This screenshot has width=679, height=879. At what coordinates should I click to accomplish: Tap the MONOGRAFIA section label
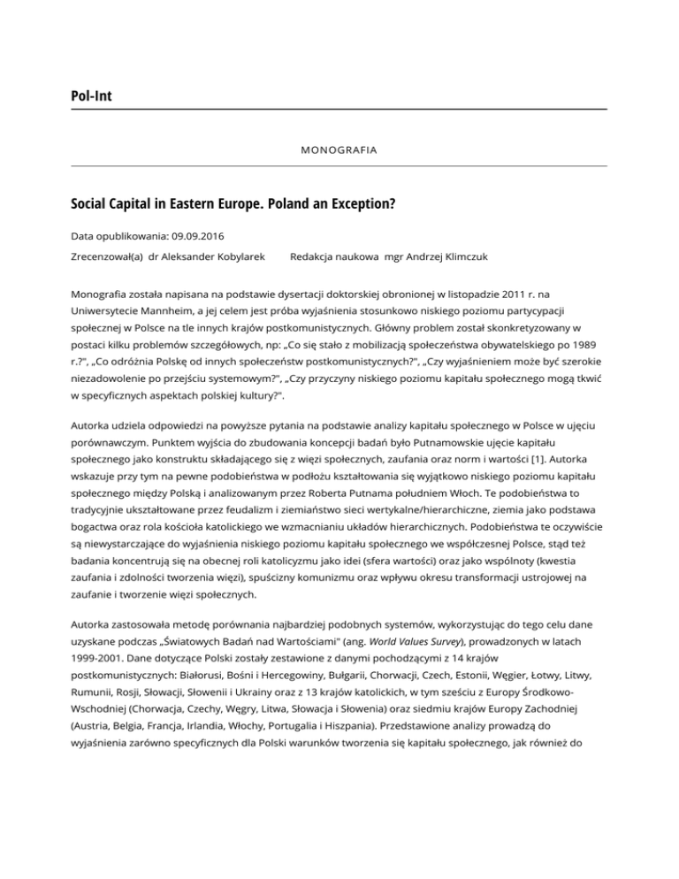(x=339, y=150)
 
